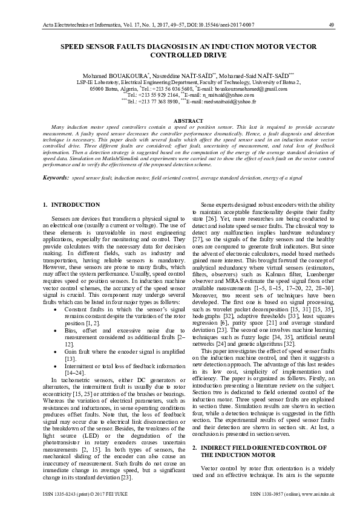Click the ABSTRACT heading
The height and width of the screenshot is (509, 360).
[x=180, y=122]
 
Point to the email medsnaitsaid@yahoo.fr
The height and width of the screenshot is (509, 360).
[x=227, y=102]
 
